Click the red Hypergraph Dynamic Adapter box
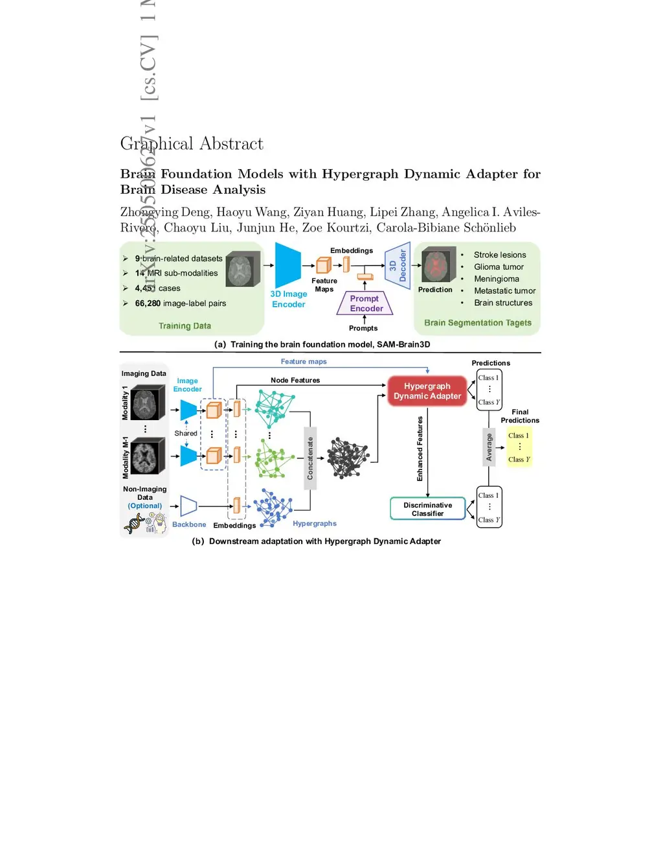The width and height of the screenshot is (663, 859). pos(427,391)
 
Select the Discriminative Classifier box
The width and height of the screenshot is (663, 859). pos(427,509)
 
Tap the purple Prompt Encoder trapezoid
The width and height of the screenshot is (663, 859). pos(365,303)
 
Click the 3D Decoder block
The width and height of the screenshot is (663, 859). pos(398,265)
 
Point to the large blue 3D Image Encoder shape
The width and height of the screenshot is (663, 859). pos(287,265)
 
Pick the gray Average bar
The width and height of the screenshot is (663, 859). pos(489,447)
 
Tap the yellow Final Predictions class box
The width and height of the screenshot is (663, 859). pos(519,447)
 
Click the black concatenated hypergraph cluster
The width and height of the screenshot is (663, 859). pos(347,457)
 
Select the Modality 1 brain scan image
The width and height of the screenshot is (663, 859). pos(148,403)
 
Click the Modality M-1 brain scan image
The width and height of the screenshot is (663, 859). pos(148,456)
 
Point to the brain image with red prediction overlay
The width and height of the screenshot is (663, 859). pos(439,266)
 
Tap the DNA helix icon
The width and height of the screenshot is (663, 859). pos(135,523)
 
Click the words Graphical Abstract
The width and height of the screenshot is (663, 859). pos(192,144)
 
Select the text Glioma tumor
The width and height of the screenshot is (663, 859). pos(499,267)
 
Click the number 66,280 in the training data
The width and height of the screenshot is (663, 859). pos(148,303)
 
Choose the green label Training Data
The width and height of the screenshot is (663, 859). pos(185,326)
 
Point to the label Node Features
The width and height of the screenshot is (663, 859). pos(295,381)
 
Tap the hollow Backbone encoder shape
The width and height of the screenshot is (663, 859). pos(188,506)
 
